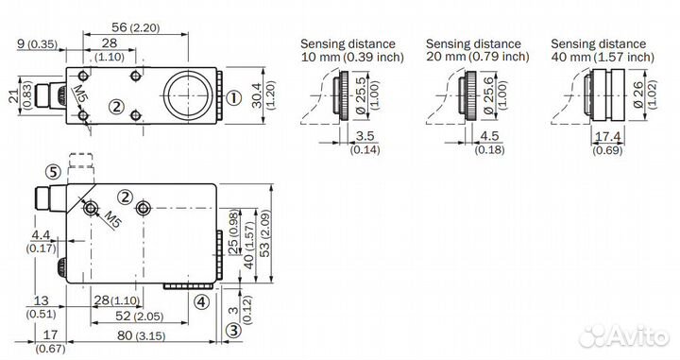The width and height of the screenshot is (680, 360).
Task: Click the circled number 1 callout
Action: click(234, 98)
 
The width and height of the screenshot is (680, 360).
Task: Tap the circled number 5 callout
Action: click(53, 172)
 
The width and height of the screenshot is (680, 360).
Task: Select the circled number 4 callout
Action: click(201, 301)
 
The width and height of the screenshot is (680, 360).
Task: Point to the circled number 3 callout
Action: click(233, 331)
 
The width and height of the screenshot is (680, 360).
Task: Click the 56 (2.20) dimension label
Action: click(135, 27)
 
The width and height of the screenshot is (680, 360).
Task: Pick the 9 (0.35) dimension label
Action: click(37, 43)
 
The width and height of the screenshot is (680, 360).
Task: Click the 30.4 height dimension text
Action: click(257, 95)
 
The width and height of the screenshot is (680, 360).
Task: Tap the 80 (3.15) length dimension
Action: click(142, 335)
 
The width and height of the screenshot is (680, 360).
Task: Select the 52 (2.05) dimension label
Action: click(139, 317)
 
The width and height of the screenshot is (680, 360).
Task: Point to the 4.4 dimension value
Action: click(41, 235)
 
